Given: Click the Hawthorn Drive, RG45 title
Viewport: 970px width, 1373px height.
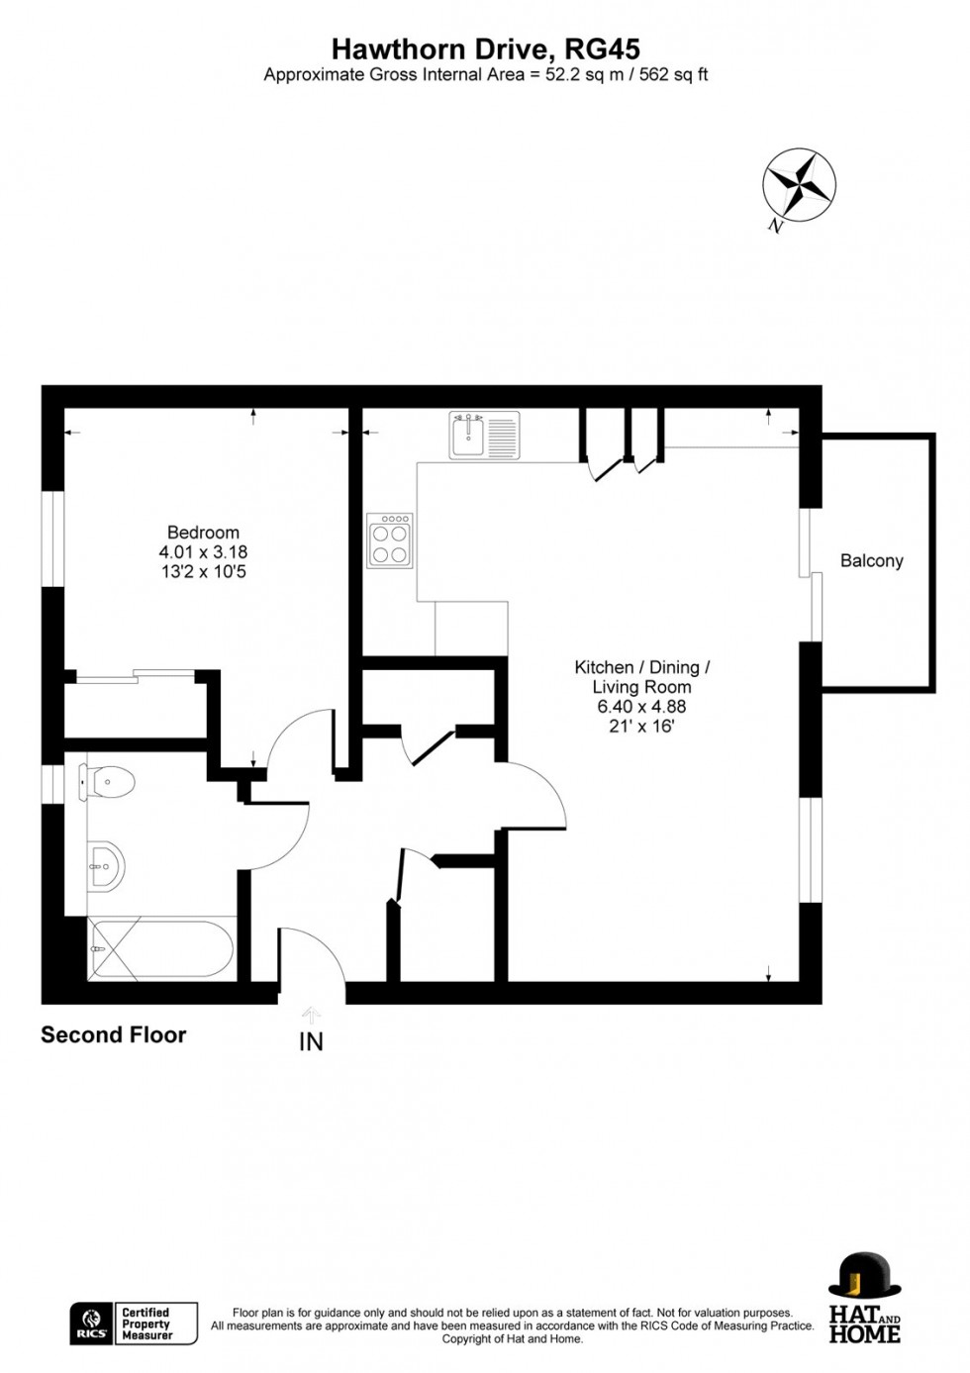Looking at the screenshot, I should click(485, 49).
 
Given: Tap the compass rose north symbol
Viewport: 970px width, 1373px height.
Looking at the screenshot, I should click(799, 185).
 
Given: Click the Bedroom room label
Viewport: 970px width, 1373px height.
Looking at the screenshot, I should click(203, 533).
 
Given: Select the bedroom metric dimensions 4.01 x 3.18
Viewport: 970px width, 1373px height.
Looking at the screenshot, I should click(203, 552).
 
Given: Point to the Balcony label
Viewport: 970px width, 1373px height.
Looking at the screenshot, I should click(871, 561).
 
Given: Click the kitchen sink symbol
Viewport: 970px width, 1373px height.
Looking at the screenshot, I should click(484, 435).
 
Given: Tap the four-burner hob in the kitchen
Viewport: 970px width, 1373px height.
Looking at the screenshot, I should click(390, 540).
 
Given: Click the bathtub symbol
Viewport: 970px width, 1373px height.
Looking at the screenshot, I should click(161, 948).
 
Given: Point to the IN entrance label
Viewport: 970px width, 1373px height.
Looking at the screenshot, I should click(311, 1042).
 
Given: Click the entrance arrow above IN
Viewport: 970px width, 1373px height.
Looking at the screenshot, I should click(311, 1014).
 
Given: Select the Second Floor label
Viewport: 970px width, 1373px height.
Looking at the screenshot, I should click(113, 1035).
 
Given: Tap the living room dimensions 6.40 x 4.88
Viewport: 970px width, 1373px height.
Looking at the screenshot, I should click(641, 707).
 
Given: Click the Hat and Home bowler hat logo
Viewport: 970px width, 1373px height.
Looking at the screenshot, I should click(864, 1277).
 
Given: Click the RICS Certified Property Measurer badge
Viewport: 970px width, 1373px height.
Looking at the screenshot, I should click(134, 1324).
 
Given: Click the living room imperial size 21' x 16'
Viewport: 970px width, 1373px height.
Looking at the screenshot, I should click(641, 727).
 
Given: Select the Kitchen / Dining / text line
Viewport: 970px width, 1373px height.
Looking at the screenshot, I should click(641, 668).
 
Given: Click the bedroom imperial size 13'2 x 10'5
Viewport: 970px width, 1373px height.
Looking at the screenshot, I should click(203, 572).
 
